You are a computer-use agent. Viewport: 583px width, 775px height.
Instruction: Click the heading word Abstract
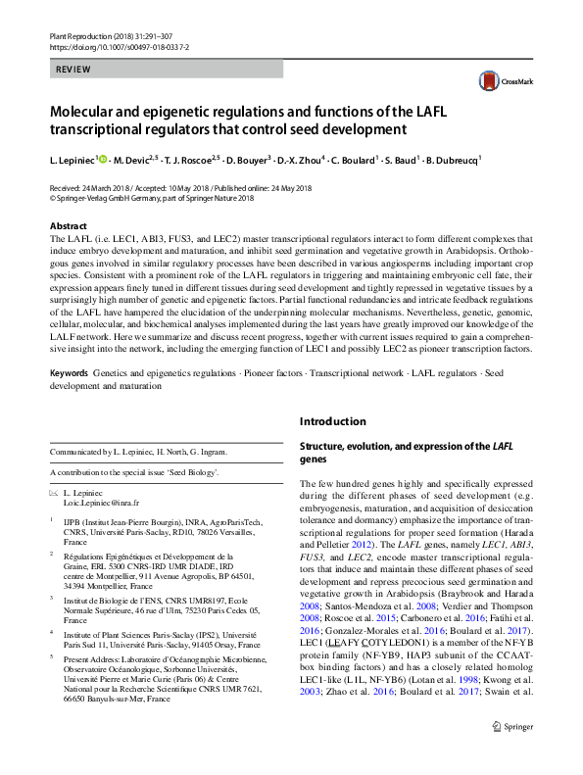point(69,224)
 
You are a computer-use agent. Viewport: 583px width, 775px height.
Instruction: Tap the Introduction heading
point(331,421)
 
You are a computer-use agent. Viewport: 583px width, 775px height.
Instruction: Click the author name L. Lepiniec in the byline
point(72,160)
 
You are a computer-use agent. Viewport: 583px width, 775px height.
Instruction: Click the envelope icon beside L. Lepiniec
point(53,492)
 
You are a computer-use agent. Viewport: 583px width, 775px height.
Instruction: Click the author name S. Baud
point(395,160)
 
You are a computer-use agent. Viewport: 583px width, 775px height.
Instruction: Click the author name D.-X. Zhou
point(291,160)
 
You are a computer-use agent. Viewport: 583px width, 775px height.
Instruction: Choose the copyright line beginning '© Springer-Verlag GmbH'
point(151,198)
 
